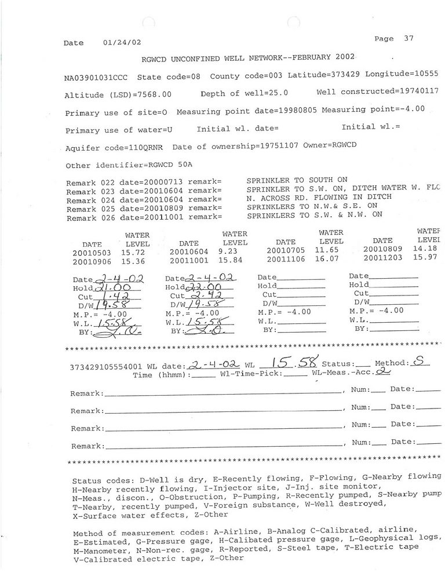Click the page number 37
(409, 39)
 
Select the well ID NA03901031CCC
(98, 77)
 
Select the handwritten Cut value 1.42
(114, 297)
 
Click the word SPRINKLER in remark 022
(267, 181)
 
